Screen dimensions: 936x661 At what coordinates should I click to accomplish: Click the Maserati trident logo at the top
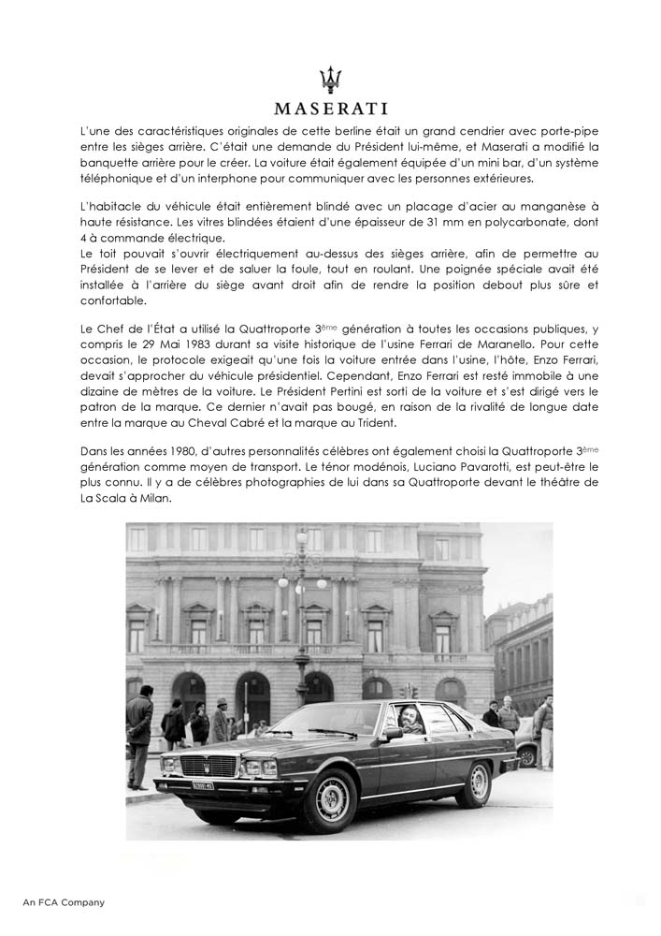coord(330,79)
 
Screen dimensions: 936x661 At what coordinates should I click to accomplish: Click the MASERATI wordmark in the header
coord(330,108)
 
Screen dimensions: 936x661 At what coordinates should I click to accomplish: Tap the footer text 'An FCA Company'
coord(64,902)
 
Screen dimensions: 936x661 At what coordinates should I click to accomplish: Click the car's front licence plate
coord(205,783)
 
